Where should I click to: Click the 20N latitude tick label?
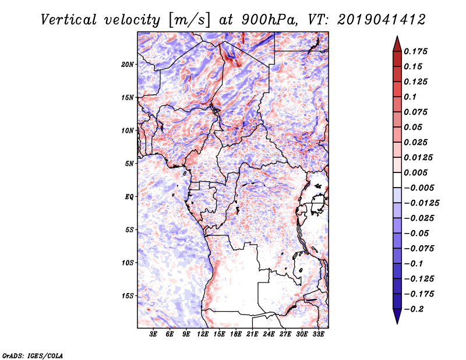128,65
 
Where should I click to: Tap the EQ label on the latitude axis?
129,197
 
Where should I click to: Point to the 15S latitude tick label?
128,296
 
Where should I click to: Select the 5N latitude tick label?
129,164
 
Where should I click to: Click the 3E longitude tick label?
153,334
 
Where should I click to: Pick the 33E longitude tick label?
318,334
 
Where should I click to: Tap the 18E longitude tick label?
236,334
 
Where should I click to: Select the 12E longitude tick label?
203,334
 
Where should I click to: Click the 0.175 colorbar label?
415,51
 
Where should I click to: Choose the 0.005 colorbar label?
415,172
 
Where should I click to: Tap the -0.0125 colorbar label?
421,203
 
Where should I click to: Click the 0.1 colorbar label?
410,97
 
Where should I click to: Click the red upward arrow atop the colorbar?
397,44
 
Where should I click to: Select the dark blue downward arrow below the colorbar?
397,316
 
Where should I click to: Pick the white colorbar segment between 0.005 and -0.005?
397,180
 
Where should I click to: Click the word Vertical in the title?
68,20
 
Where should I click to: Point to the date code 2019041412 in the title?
382,20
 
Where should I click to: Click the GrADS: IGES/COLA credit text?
33,355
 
